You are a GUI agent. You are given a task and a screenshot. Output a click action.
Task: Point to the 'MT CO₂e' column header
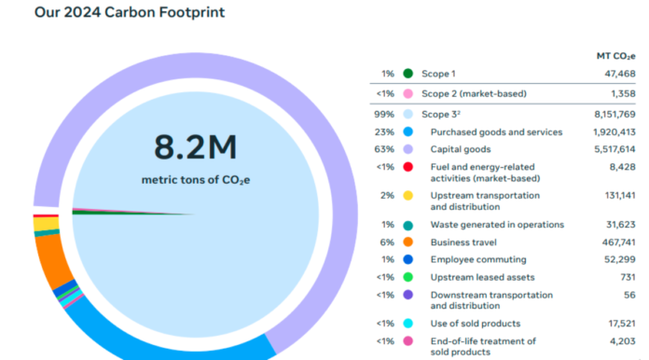pos(614,56)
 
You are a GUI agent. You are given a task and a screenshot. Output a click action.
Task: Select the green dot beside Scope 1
pos(407,73)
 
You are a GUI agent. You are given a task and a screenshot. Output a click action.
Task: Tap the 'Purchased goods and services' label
pos(496,132)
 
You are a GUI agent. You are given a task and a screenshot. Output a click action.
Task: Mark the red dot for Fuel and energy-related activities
pos(407,167)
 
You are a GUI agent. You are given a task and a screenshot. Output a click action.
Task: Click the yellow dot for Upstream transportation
pos(407,196)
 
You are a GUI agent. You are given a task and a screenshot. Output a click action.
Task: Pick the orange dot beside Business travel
pos(407,242)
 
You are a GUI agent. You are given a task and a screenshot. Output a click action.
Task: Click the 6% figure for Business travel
pos(384,242)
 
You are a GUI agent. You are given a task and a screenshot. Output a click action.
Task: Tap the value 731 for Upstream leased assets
pos(627,276)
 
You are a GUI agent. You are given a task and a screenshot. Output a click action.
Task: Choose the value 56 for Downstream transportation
pos(629,294)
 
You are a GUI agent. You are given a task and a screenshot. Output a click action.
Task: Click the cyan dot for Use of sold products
pos(407,323)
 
